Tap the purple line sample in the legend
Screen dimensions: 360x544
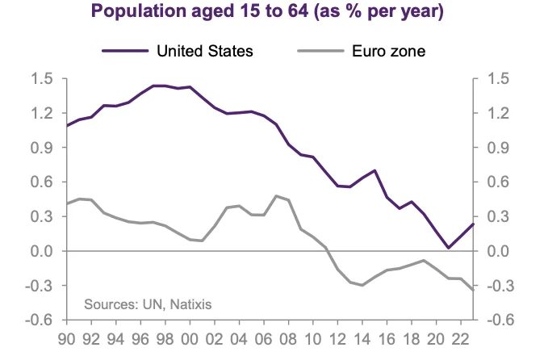coord(124,51)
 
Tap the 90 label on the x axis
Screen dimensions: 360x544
coord(67,339)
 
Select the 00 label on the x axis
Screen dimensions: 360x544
coord(190,339)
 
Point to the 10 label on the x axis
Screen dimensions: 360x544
coord(313,339)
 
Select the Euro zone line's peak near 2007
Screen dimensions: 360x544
coord(276,196)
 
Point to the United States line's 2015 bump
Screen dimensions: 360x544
coord(375,171)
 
